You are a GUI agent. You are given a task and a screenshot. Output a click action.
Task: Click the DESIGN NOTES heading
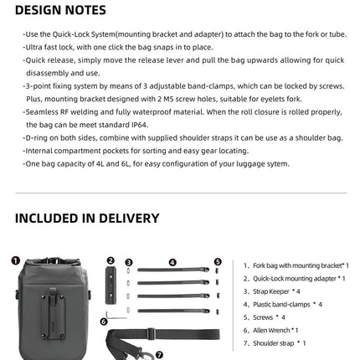click(x=60, y=11)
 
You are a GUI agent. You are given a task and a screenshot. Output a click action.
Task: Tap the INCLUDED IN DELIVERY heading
click(x=86, y=219)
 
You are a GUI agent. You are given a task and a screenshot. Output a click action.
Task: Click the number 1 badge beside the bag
click(x=15, y=260)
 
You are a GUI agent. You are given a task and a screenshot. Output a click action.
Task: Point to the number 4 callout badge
click(x=172, y=261)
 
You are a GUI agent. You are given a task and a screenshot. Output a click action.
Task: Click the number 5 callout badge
click(x=218, y=261)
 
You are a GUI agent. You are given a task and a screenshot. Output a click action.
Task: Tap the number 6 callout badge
click(x=103, y=321)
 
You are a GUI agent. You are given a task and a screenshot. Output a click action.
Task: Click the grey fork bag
click(x=56, y=306)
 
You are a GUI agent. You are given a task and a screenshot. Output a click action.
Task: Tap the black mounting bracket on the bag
click(x=56, y=295)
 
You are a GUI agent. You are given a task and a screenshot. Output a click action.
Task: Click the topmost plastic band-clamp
click(x=172, y=270)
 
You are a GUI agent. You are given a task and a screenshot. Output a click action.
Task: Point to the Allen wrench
click(x=117, y=317)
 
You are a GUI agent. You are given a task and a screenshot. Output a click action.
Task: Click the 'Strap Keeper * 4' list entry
click(x=276, y=291)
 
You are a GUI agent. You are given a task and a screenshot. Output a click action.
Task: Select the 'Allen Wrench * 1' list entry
click(x=275, y=330)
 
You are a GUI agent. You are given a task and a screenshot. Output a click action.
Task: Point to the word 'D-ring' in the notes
click(x=35, y=136)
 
